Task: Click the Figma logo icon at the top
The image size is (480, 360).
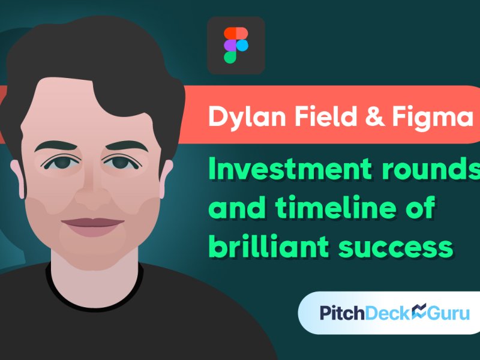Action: [236, 45]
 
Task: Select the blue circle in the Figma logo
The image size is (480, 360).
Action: [242, 45]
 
